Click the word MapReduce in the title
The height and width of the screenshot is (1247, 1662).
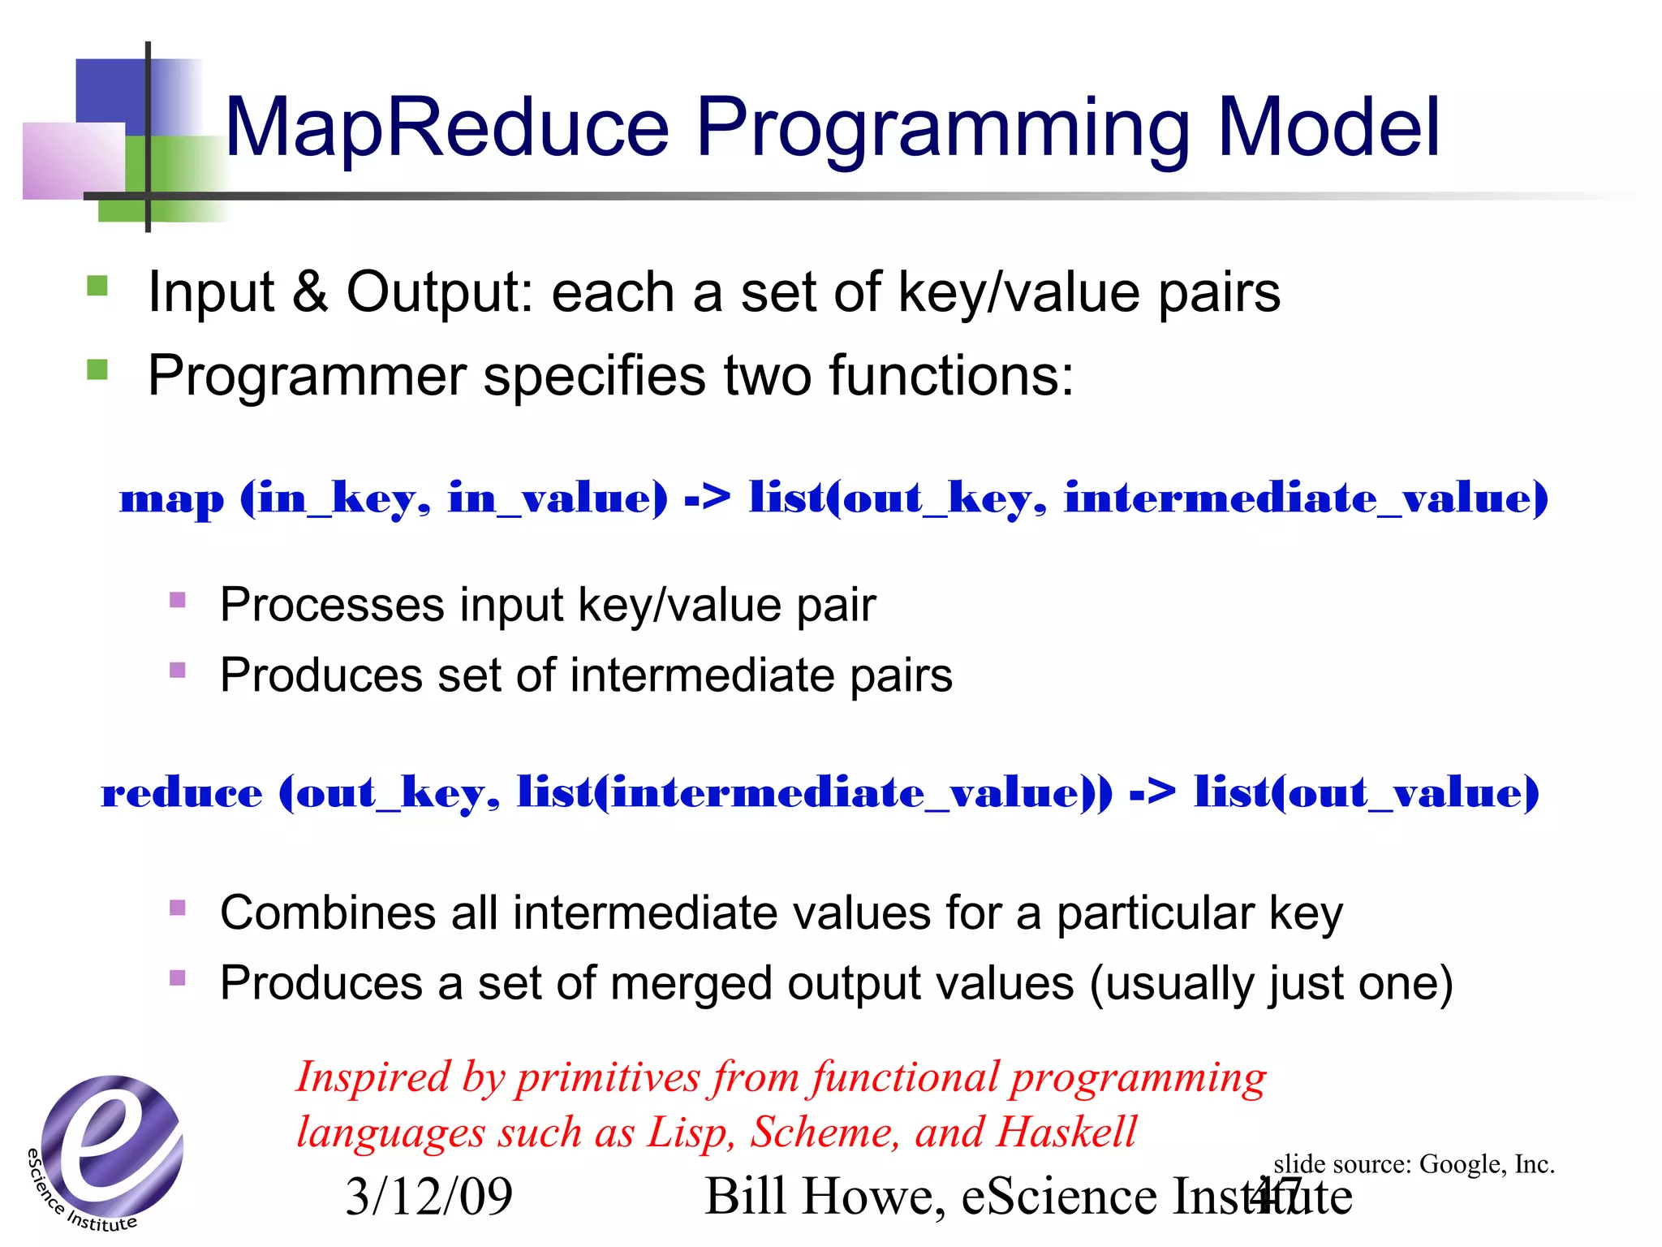446,127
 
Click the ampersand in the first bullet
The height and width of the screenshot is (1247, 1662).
309,291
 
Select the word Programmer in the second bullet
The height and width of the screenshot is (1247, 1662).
308,377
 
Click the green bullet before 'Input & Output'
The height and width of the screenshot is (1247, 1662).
97,286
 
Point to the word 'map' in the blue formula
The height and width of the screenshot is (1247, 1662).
171,498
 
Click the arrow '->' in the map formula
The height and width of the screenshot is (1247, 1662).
707,497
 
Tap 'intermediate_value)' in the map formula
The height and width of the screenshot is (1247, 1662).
1306,497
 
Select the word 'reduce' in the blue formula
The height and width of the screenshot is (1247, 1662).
182,792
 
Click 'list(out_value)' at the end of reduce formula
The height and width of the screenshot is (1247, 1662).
1367,792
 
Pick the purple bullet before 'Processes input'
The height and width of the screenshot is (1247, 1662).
178,601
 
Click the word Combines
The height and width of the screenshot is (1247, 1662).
328,913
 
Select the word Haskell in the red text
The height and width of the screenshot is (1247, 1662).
1066,1132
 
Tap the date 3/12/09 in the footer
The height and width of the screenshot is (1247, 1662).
428,1197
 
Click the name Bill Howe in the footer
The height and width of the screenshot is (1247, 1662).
819,1197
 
